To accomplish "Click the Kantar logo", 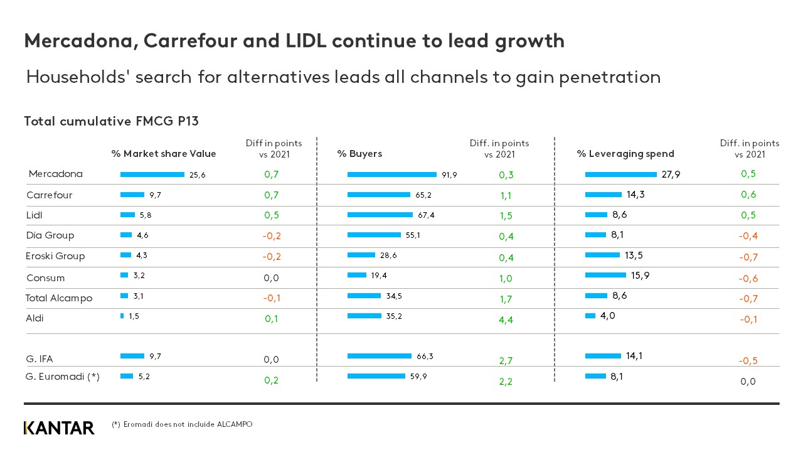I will [x=59, y=428].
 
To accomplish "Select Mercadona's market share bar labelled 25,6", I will [x=152, y=175].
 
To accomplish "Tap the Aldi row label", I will [x=35, y=318].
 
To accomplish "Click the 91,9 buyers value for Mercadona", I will [x=449, y=175].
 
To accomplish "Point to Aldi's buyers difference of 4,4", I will [x=506, y=320].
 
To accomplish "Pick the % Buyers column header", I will [x=359, y=154].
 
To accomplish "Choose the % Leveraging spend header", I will [x=625, y=154].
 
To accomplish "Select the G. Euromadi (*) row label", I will [x=63, y=377].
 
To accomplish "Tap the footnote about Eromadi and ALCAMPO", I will [x=182, y=424].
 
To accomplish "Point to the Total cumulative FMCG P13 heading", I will [x=111, y=121].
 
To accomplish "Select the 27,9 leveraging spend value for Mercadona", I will [x=671, y=175].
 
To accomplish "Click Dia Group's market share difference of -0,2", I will [x=272, y=236].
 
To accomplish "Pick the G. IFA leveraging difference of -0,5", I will [x=748, y=360].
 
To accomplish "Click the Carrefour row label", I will [x=50, y=195].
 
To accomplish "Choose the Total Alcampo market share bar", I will [x=124, y=296].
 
